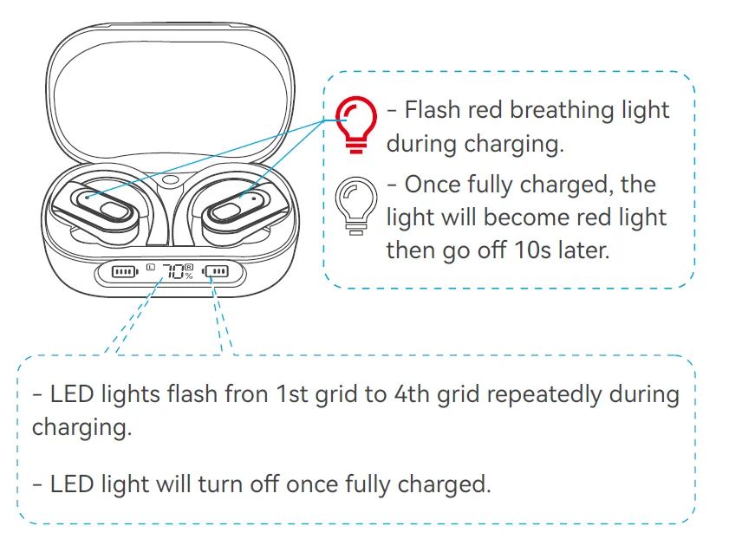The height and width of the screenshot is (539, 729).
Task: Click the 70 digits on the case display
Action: [x=174, y=271]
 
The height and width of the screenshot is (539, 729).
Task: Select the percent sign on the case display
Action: [x=189, y=276]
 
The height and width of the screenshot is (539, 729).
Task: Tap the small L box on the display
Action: [x=150, y=267]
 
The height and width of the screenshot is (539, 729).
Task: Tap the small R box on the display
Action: [x=189, y=267]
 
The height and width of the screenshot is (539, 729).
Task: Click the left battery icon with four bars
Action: [x=125, y=271]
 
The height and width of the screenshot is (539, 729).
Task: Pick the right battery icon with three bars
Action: [x=215, y=271]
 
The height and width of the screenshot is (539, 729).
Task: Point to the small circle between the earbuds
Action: [x=170, y=179]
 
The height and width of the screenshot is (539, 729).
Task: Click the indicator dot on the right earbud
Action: [x=254, y=198]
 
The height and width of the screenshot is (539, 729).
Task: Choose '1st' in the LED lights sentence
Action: [x=292, y=394]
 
